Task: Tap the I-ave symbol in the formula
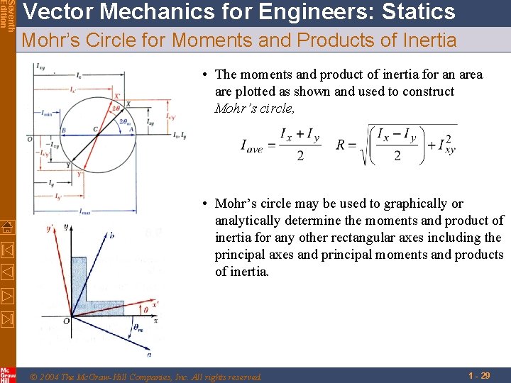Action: coord(253,146)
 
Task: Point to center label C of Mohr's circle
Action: coord(95,129)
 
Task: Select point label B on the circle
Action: coord(63,130)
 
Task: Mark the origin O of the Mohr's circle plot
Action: coord(30,139)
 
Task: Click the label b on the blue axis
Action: coord(112,235)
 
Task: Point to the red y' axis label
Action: coord(49,228)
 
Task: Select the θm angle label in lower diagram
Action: coord(138,327)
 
